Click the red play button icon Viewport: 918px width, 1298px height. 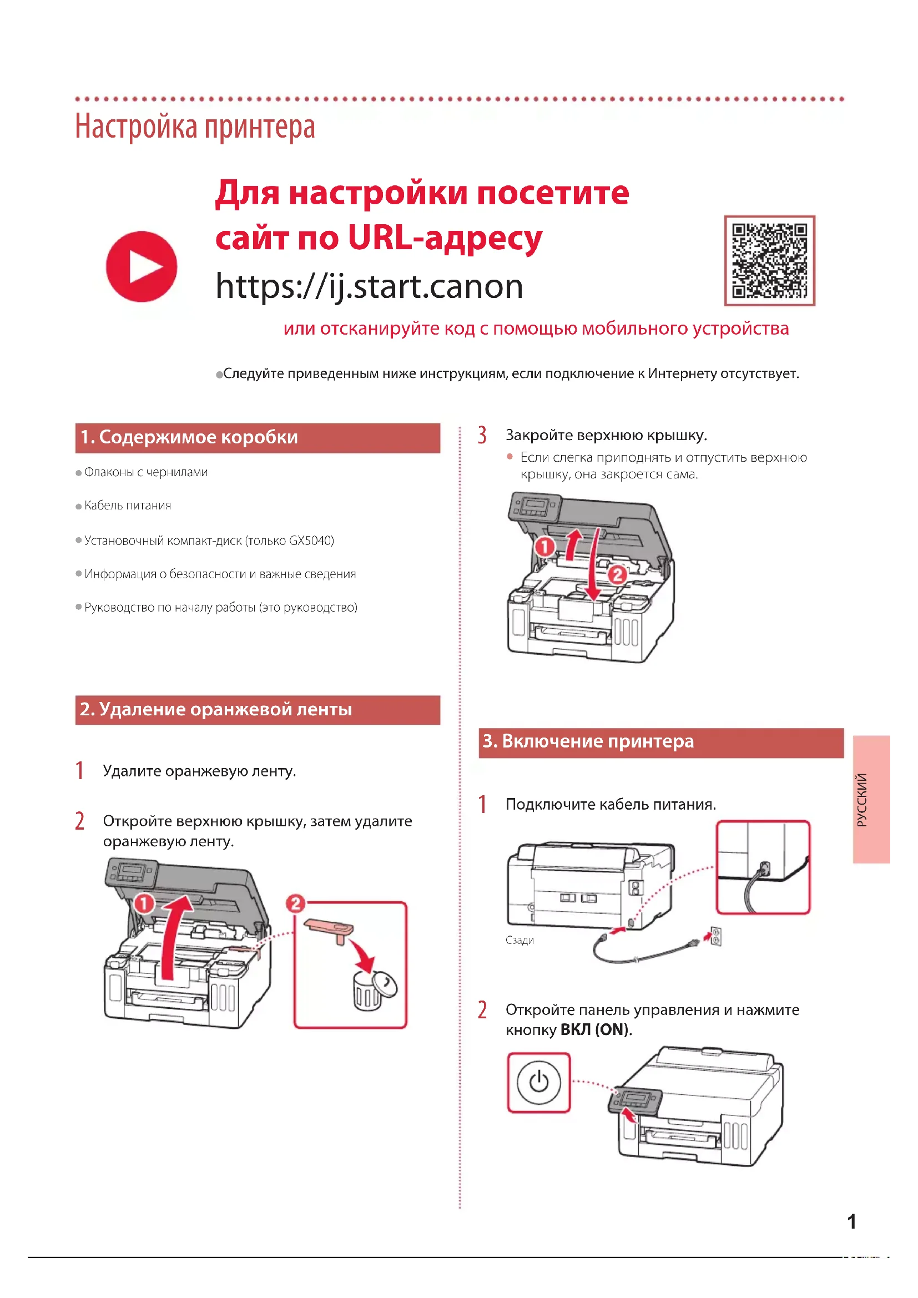point(142,266)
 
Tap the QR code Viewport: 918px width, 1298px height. point(769,261)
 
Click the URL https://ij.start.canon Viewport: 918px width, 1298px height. point(369,286)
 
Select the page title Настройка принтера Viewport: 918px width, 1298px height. point(195,127)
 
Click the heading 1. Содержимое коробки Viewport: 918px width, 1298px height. point(189,437)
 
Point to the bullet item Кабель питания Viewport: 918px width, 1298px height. point(127,506)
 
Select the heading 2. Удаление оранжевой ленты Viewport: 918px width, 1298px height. point(216,709)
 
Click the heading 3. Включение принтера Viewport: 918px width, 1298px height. point(588,741)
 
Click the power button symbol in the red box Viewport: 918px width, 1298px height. point(539,1082)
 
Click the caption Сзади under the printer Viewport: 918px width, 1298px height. point(519,940)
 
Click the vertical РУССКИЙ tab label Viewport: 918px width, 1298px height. point(862,800)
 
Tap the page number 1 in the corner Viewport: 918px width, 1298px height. point(852,1222)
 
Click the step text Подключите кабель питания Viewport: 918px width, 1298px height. point(611,805)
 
